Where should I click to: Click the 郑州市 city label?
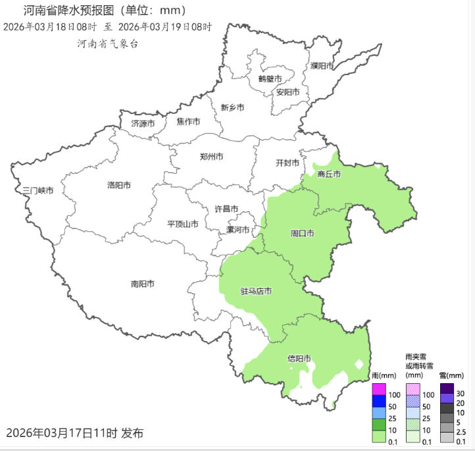211,157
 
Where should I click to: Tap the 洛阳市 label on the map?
118,185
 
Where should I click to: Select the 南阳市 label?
142,284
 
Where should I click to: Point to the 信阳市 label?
299,359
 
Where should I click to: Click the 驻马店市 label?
256,291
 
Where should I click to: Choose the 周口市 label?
302,233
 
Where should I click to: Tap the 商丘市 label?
329,174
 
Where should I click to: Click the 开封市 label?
287,163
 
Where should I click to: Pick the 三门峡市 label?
37,190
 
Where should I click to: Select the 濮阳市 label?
322,66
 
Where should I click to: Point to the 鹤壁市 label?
270,78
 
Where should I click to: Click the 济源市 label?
143,123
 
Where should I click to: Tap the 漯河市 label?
238,230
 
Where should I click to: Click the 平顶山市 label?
183,224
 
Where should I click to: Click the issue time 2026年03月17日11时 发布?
74,433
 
